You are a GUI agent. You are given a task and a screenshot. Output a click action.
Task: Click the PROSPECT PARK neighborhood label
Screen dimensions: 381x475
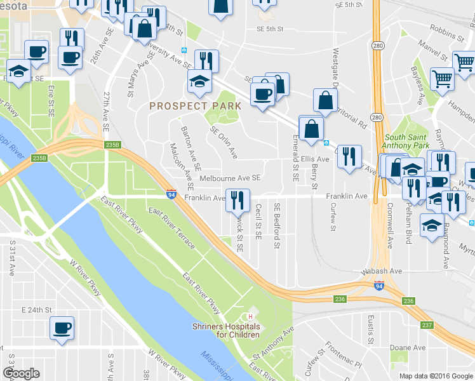tap(195, 105)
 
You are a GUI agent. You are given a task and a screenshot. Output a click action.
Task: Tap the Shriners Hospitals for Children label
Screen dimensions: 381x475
tap(225, 330)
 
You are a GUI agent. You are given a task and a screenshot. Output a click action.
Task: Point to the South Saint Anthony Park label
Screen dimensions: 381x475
tap(407, 141)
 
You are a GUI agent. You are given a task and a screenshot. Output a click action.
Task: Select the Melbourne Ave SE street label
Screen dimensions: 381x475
tap(231, 179)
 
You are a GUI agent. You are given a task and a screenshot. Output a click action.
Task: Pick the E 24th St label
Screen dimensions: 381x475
tap(36, 310)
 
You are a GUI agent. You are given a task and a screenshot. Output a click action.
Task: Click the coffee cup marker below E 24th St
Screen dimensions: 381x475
tap(62, 328)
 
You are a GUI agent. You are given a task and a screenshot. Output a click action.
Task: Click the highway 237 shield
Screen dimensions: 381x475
tap(427, 325)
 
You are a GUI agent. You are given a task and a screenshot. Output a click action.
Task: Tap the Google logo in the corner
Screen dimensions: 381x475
tap(21, 373)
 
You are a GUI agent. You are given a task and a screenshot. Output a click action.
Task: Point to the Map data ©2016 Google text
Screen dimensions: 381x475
tap(436, 376)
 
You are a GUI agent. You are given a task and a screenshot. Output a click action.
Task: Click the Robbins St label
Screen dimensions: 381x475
tap(443, 29)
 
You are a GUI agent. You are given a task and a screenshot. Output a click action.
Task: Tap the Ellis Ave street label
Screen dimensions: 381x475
tap(316, 159)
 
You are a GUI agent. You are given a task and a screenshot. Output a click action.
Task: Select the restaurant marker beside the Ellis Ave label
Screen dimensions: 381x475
tap(349, 156)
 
